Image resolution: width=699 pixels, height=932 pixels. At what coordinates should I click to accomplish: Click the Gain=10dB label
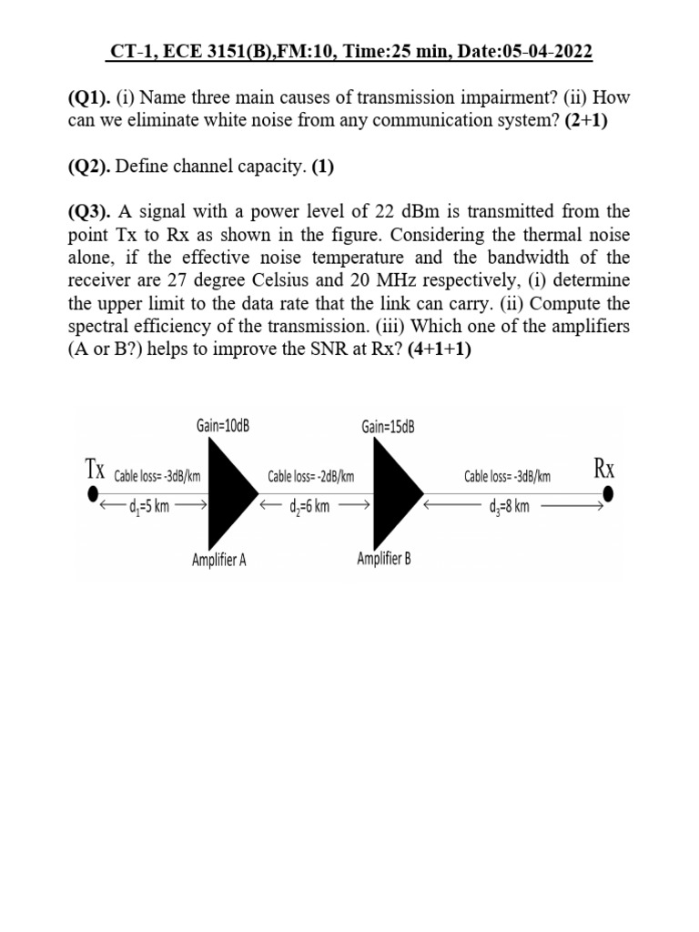(x=223, y=426)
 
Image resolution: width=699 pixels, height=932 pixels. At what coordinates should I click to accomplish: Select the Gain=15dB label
(x=388, y=426)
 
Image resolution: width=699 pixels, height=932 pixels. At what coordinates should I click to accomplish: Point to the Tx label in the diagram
(x=95, y=469)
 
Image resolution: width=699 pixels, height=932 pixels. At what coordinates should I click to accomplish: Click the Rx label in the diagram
(x=605, y=469)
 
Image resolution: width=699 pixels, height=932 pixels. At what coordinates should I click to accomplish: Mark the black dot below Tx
(x=92, y=494)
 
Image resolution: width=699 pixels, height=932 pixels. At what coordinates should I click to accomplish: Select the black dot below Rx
(x=608, y=494)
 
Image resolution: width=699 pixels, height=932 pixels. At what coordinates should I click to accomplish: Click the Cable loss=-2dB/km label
(x=310, y=476)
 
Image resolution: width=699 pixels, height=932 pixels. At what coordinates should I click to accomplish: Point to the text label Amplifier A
(x=218, y=560)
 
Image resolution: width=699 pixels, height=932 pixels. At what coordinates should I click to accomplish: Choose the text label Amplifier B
(x=383, y=558)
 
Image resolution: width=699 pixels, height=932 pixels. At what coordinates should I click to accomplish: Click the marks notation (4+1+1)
(x=440, y=350)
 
